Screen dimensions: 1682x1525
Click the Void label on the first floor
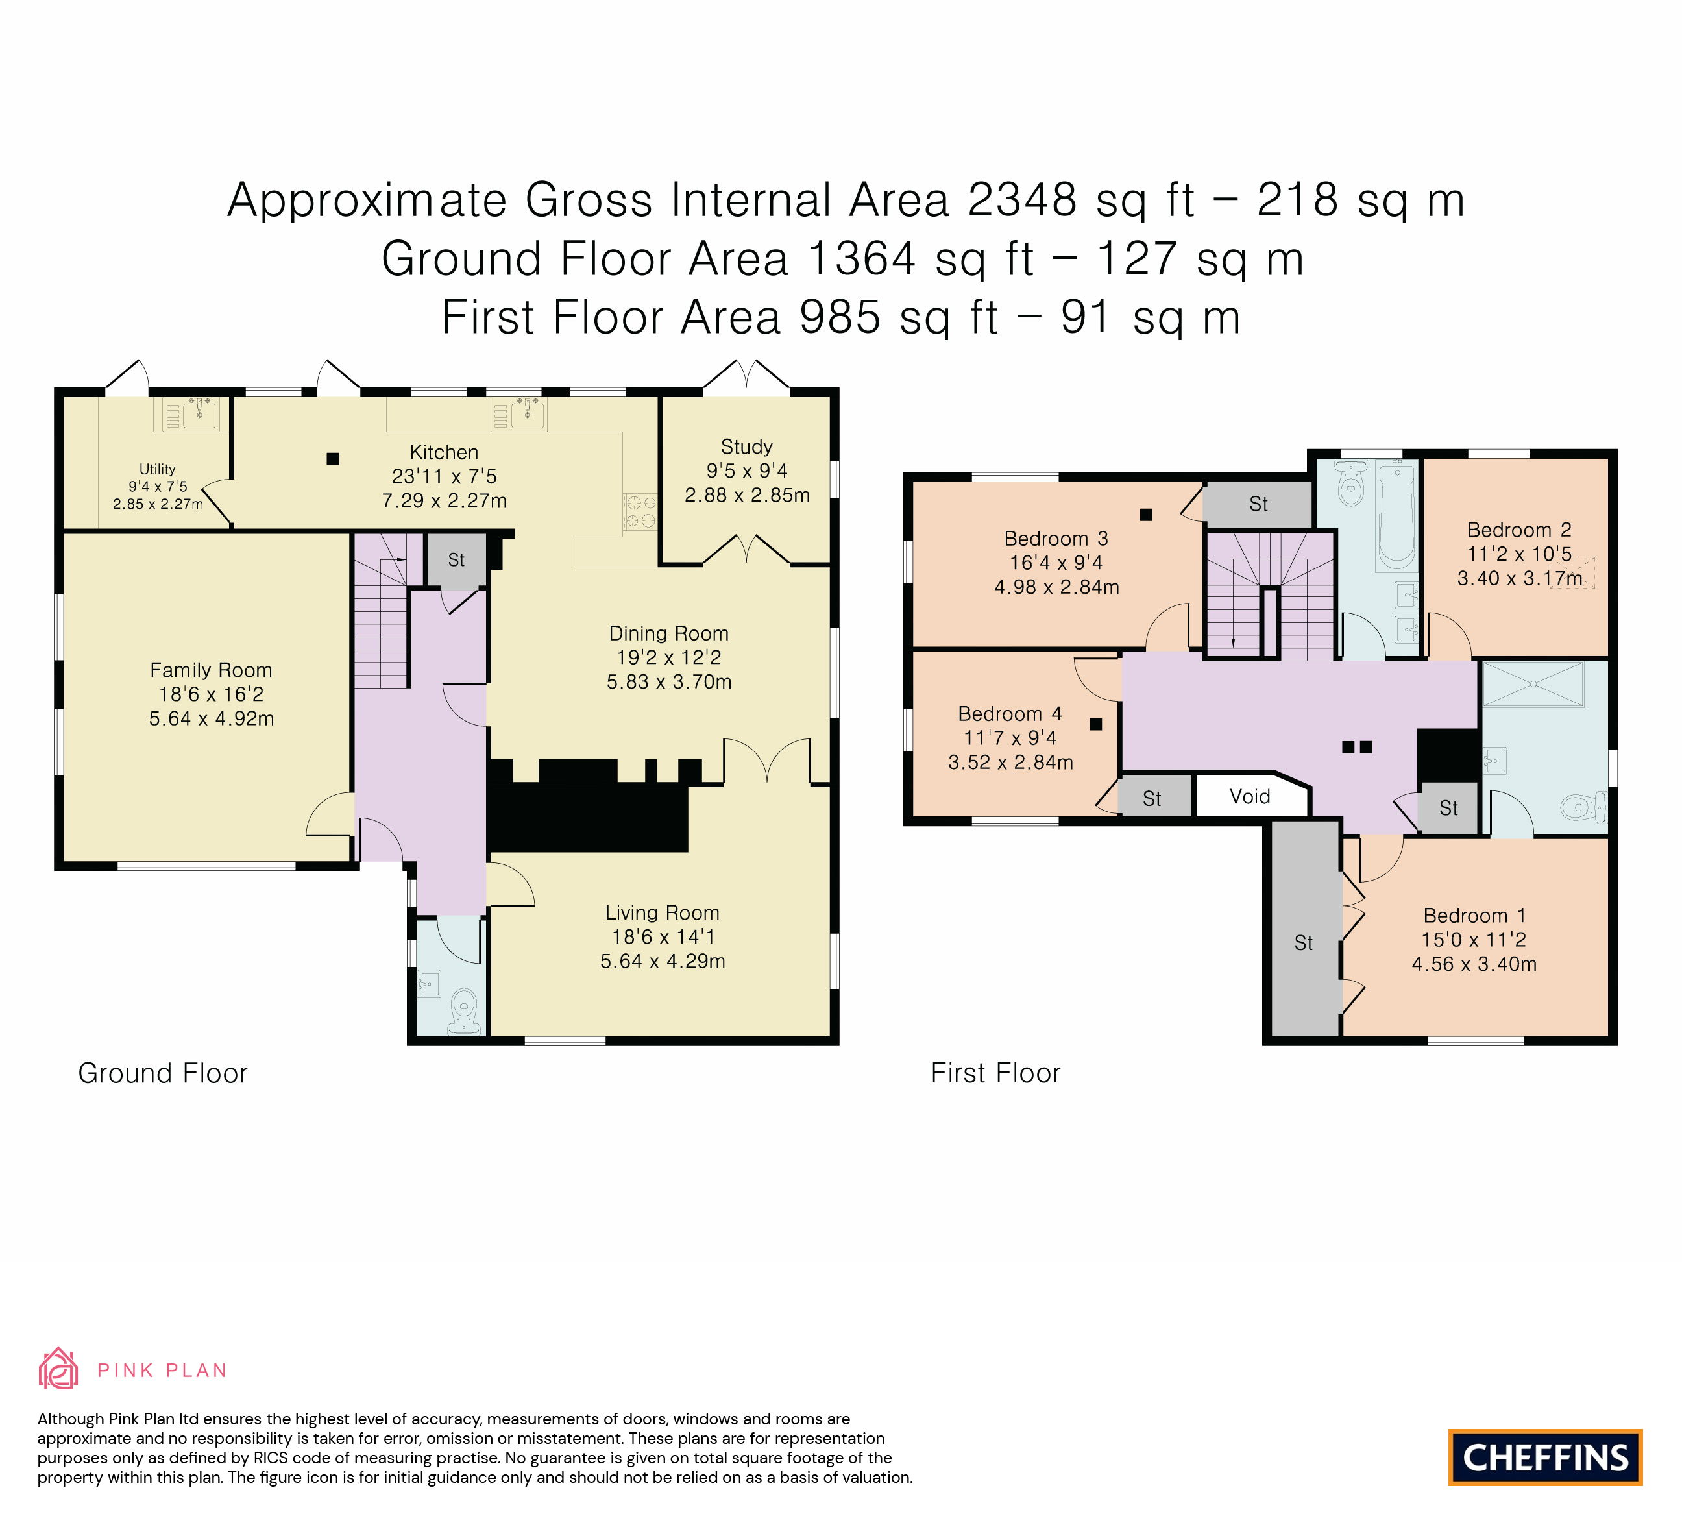pyautogui.click(x=1250, y=797)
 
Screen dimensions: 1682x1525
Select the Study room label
pyautogui.click(x=747, y=447)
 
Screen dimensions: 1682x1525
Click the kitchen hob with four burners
pyautogui.click(x=640, y=511)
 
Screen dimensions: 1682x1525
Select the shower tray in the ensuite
pyautogui.click(x=1533, y=685)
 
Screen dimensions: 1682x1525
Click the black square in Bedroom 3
pyautogui.click(x=1147, y=515)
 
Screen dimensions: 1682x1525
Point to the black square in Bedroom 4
pyautogui.click(x=1096, y=724)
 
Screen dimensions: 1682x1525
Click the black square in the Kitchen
pyautogui.click(x=333, y=458)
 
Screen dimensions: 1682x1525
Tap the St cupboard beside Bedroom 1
pyautogui.click(x=1304, y=943)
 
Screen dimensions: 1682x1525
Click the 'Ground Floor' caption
pyautogui.click(x=163, y=1073)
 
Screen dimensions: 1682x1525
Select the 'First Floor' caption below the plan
pyautogui.click(x=995, y=1073)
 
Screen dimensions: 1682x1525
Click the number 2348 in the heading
pyautogui.click(x=1022, y=201)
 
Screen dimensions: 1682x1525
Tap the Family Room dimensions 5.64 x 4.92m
pyautogui.click(x=212, y=718)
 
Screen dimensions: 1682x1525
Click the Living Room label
pyautogui.click(x=663, y=912)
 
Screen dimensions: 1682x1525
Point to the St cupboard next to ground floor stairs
pyautogui.click(x=456, y=560)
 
